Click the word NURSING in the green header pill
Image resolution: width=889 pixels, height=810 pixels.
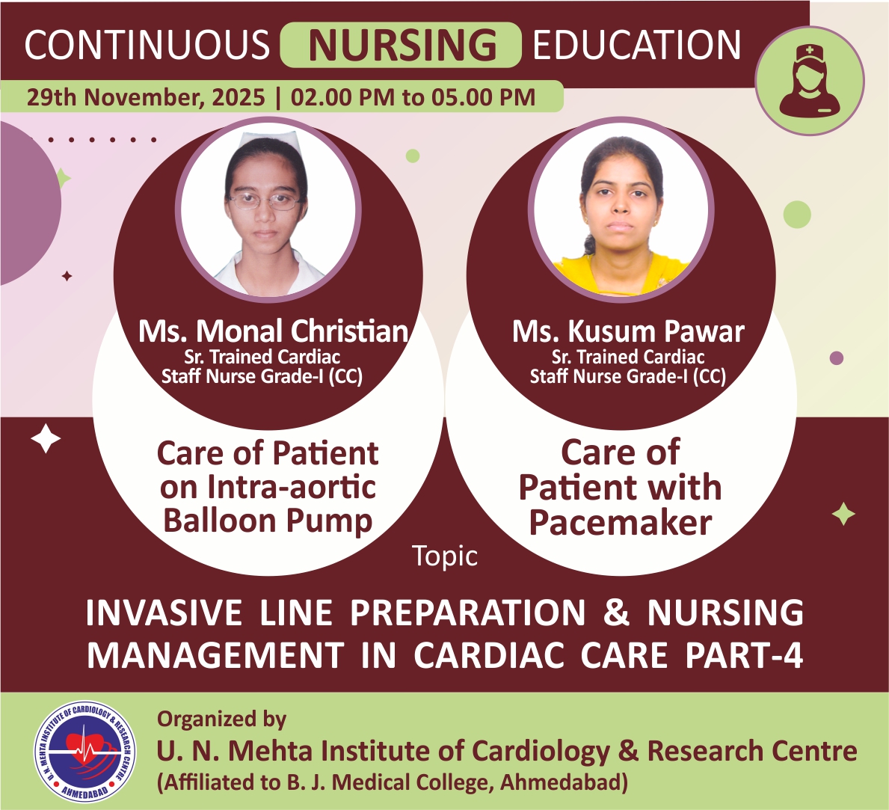(x=402, y=45)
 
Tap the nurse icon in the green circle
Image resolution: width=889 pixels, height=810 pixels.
(x=809, y=81)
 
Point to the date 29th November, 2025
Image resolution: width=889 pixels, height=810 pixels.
(x=146, y=97)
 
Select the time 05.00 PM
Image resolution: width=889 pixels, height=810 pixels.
(x=484, y=97)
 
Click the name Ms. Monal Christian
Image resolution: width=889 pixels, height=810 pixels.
(x=273, y=331)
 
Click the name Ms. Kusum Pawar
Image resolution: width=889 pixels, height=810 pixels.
(x=627, y=331)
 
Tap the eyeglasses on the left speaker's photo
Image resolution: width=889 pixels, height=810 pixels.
(x=265, y=200)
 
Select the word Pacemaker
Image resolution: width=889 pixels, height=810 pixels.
(x=621, y=522)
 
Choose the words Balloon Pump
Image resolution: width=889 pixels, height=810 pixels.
(x=268, y=521)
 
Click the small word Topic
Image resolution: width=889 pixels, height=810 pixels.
(x=444, y=556)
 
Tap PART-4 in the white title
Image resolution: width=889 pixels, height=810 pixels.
(x=744, y=655)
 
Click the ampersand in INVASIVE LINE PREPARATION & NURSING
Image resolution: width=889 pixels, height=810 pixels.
(x=616, y=612)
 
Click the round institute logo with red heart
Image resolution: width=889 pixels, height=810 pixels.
(x=85, y=751)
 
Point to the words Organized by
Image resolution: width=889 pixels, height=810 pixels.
(x=221, y=720)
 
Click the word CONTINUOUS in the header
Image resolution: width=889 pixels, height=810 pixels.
(x=147, y=45)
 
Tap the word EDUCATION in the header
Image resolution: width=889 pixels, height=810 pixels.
(x=637, y=45)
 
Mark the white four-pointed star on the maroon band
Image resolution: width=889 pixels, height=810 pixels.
(x=46, y=439)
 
